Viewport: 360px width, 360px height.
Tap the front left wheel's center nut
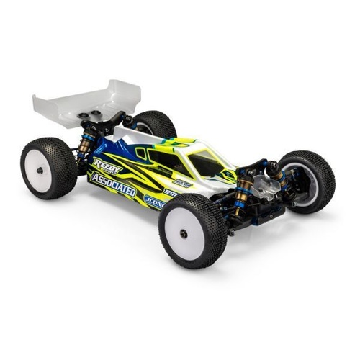click(185, 233)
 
